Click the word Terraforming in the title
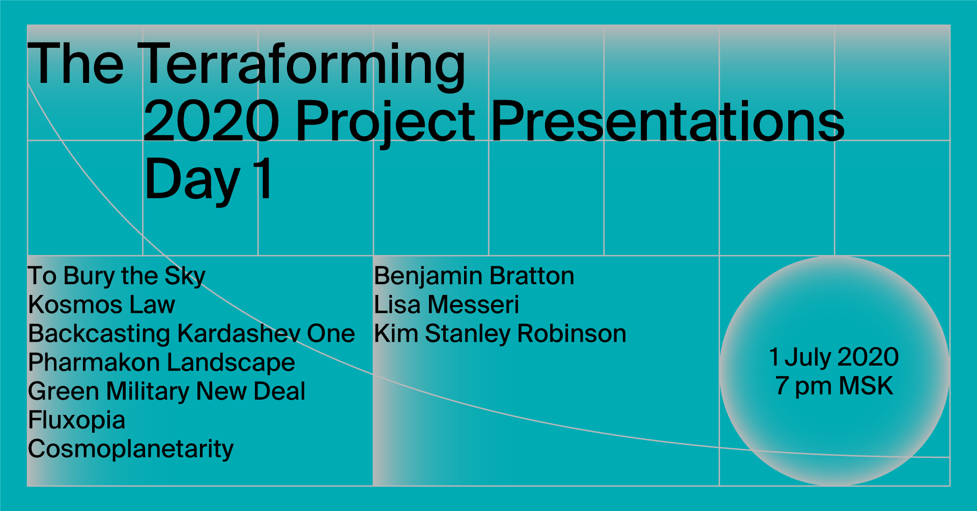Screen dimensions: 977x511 pyautogui.click(x=302, y=65)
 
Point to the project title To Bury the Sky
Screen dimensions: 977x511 pyautogui.click(x=117, y=277)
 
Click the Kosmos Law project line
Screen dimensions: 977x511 pyautogui.click(x=102, y=305)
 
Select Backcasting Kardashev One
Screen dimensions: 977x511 pyautogui.click(x=191, y=334)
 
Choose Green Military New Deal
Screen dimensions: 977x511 pyautogui.click(x=167, y=392)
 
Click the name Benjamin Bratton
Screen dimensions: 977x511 pyautogui.click(x=474, y=277)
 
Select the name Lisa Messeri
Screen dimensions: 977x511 pyautogui.click(x=447, y=305)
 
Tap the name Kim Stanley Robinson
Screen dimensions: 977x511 pyautogui.click(x=500, y=335)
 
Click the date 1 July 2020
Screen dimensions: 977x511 pyautogui.click(x=834, y=357)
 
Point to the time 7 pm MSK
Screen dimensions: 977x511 pyautogui.click(x=835, y=386)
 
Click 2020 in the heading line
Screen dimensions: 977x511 pyautogui.click(x=211, y=121)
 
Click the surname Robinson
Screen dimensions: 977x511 pyautogui.click(x=572, y=334)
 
